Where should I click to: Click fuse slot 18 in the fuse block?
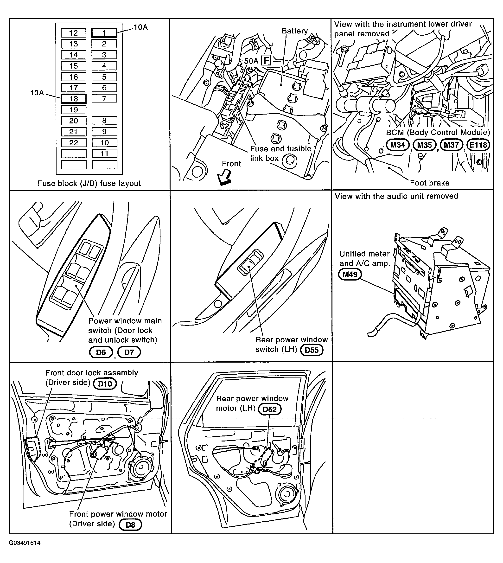(74, 99)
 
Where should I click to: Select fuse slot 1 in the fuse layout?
(104, 33)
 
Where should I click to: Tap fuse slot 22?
(74, 143)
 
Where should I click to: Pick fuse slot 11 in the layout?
(104, 154)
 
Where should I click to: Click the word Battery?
(295, 31)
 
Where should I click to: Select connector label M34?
(397, 145)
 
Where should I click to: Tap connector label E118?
(478, 145)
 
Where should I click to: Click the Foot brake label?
(429, 183)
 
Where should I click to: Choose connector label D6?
(101, 352)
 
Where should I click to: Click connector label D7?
(129, 352)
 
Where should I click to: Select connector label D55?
(312, 350)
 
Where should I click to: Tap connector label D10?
(105, 384)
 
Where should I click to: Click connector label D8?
(130, 525)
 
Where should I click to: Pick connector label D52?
(269, 409)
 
